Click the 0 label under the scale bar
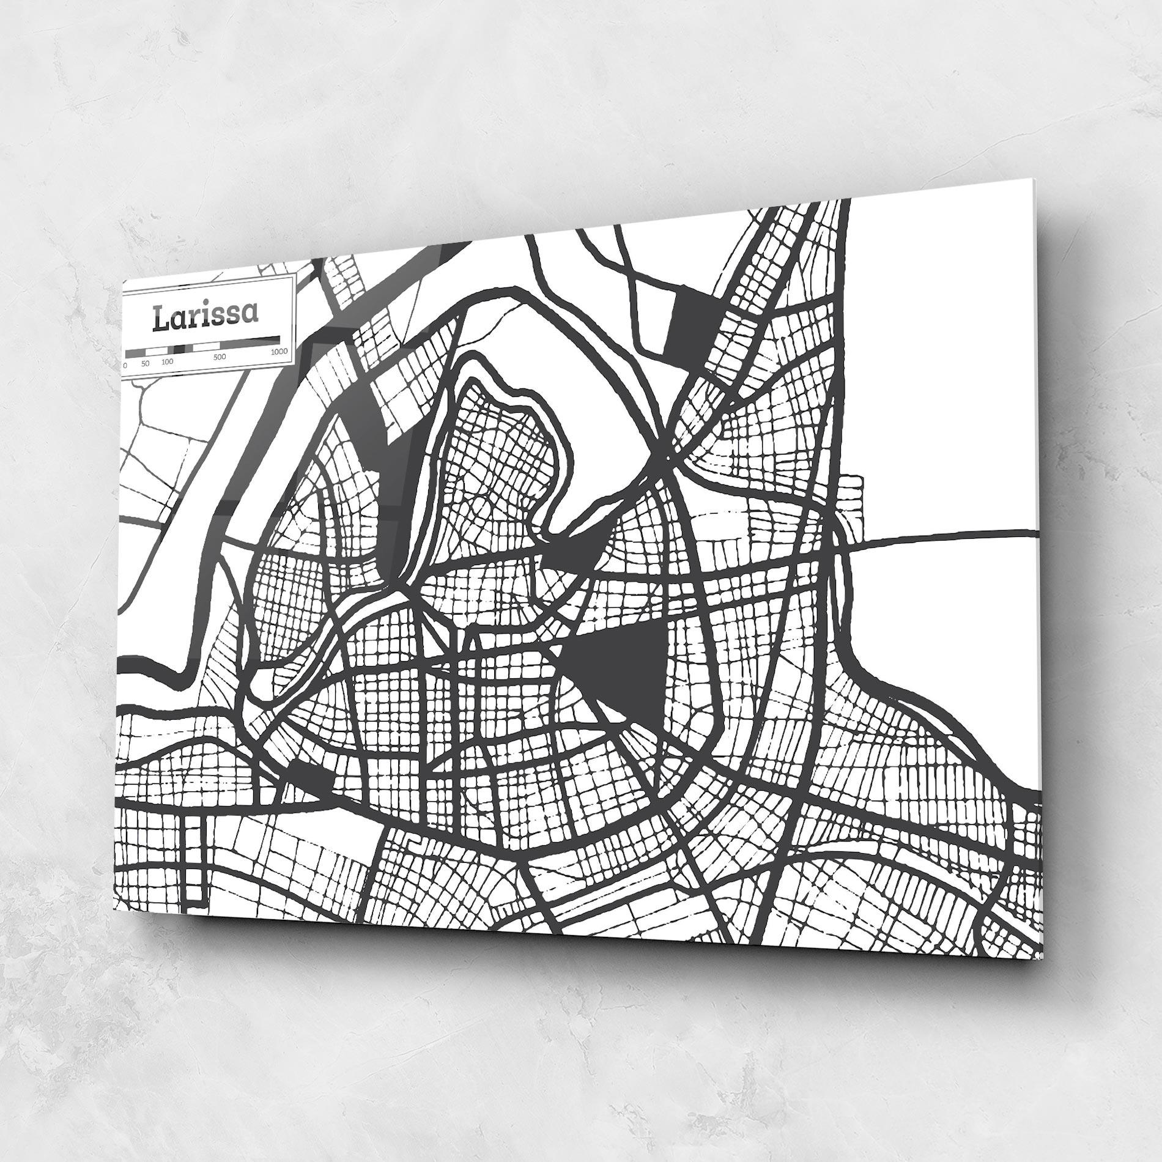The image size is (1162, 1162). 125,365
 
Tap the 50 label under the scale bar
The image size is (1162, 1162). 145,364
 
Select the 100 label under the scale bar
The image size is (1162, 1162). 167,361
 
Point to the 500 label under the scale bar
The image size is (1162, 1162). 220,357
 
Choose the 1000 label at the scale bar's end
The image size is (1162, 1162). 279,352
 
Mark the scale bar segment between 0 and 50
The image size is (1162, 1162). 135,353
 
